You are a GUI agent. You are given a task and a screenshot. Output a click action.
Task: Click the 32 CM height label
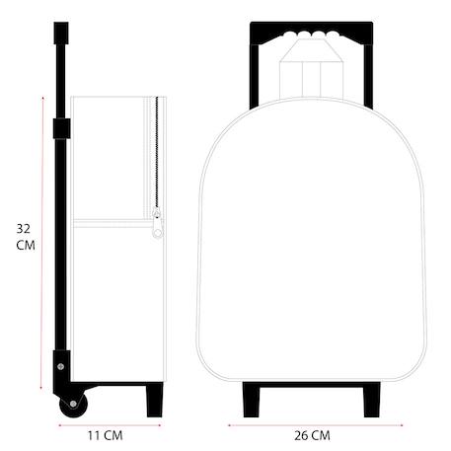26,237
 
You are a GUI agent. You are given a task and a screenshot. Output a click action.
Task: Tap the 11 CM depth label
106,436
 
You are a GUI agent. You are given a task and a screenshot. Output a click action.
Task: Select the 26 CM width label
312,436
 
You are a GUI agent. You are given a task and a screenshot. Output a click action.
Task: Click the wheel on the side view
73,405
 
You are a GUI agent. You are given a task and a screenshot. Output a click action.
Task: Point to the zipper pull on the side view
158,227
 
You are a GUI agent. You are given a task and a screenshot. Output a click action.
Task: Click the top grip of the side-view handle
61,33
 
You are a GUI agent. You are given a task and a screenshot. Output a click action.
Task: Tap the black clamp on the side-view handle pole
61,128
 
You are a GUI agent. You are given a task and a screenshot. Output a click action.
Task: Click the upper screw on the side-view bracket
61,366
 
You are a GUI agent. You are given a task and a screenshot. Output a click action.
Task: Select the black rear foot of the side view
155,400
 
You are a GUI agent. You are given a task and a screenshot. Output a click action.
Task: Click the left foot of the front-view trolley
252,400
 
